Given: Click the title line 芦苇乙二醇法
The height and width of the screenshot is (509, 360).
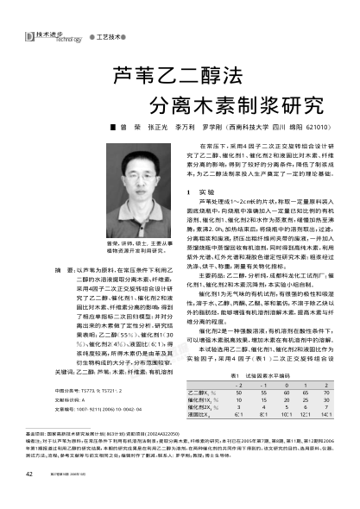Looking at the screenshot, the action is tap(161, 76).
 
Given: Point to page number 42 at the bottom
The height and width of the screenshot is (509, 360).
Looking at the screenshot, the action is tap(28, 498).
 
